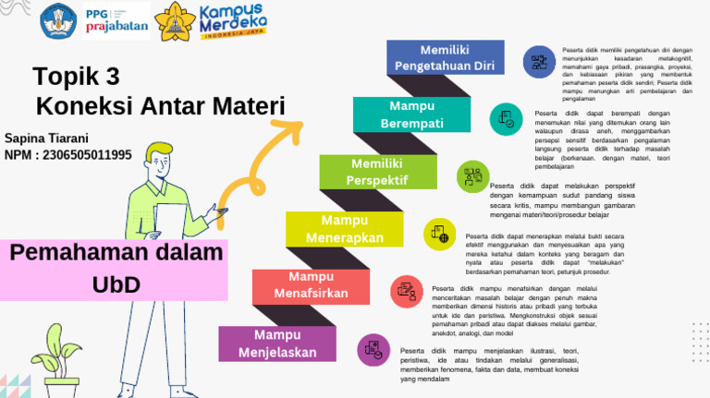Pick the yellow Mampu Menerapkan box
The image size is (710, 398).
[344, 229]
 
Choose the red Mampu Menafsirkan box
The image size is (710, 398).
[311, 285]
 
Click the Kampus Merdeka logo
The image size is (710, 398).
[234, 21]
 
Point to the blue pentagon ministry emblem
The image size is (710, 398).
[57, 20]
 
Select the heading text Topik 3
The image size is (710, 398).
[76, 76]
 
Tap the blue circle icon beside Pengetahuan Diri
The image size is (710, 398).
[537, 63]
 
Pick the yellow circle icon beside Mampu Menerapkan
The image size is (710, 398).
[439, 234]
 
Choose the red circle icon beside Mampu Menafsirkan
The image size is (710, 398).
[406, 291]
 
